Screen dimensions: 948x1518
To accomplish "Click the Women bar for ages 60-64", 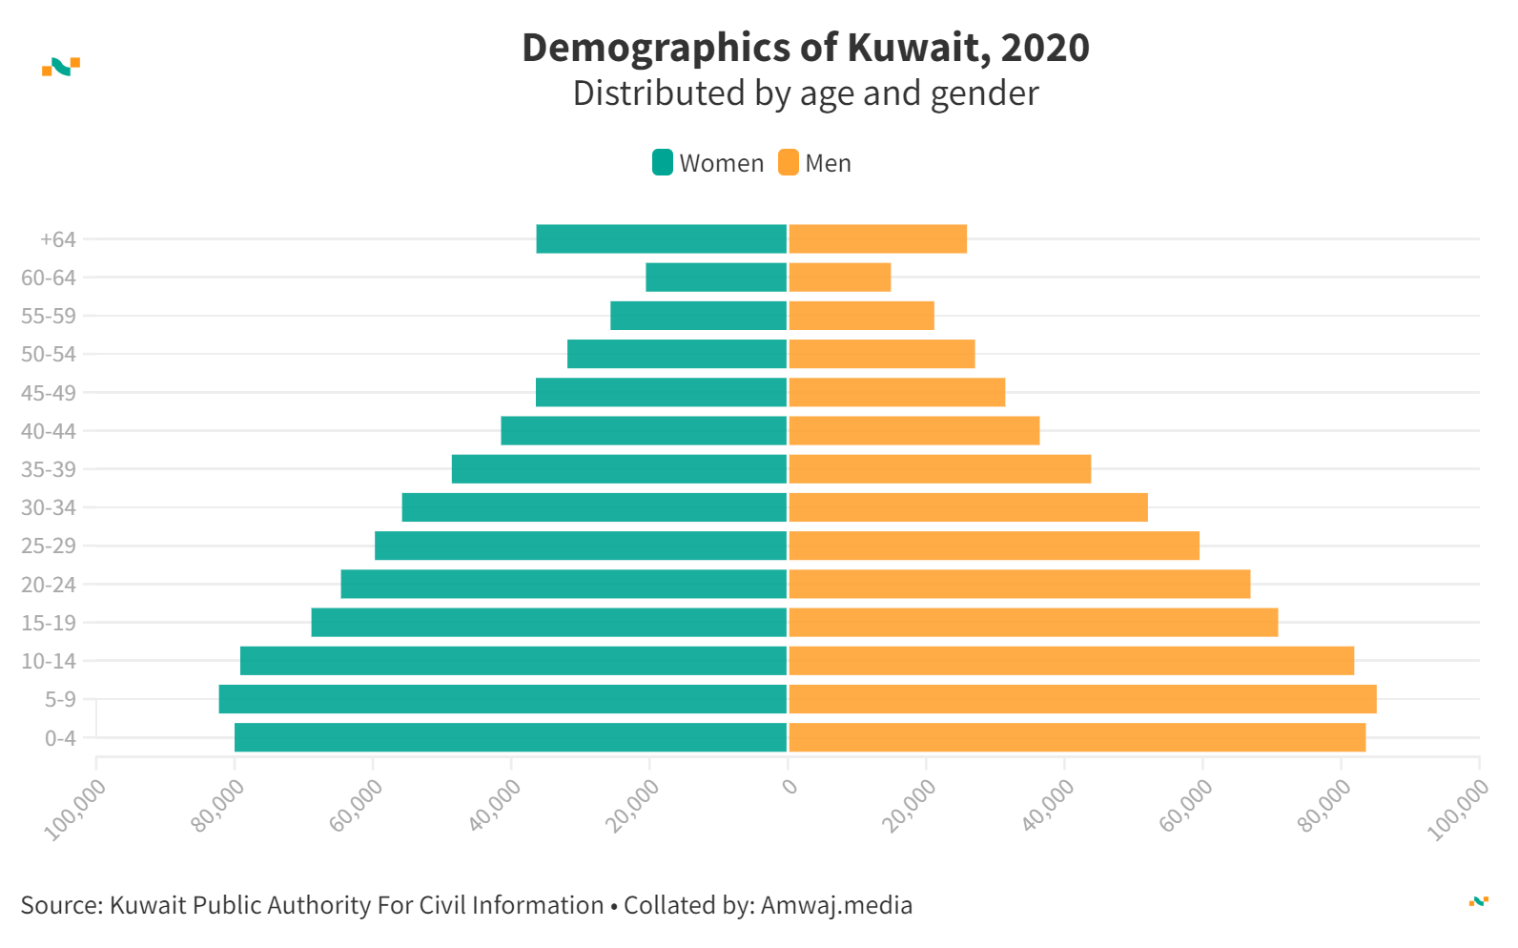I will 716,278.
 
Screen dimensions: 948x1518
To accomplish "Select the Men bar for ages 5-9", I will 1082,699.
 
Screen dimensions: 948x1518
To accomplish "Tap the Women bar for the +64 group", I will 662,239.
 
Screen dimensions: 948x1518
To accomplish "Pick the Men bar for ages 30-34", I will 968,507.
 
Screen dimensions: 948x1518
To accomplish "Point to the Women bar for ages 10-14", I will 514,661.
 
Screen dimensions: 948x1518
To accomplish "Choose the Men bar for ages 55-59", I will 861,316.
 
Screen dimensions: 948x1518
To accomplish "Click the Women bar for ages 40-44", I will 644,431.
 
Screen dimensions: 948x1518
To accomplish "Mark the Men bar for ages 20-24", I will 1019,584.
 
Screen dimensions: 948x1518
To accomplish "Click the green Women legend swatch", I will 663,163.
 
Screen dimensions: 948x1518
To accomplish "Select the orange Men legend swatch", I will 789,163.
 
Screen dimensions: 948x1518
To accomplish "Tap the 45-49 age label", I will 49,393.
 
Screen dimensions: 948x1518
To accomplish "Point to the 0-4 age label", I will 60,738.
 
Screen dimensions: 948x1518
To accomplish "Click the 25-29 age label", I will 49,546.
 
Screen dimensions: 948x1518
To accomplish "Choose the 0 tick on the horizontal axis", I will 790,787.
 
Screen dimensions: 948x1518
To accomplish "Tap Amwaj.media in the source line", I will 836,905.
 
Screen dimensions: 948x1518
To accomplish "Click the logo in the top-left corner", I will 61,67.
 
